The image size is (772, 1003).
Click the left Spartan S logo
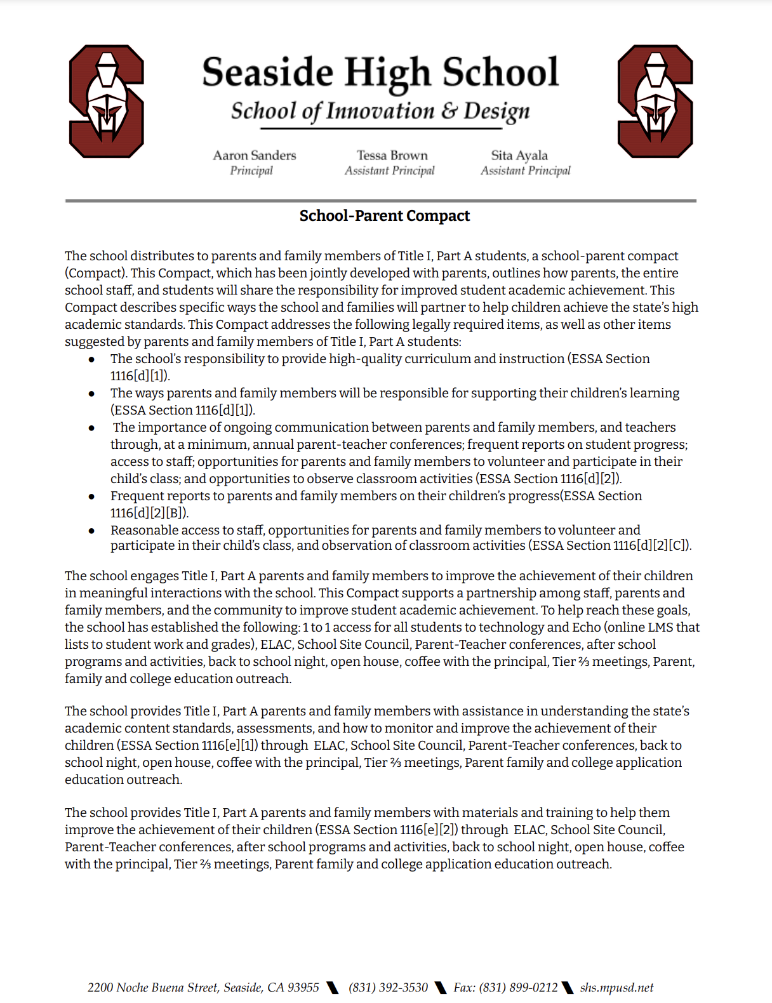pyautogui.click(x=106, y=102)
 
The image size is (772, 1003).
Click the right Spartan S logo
pyautogui.click(x=655, y=102)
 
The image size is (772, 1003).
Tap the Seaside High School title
pyautogui.click(x=380, y=72)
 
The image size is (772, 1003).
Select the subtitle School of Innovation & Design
pyautogui.click(x=380, y=111)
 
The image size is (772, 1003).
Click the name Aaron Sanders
pyautogui.click(x=255, y=156)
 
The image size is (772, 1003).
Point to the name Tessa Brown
pyautogui.click(x=392, y=156)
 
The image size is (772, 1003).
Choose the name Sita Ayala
pyautogui.click(x=519, y=156)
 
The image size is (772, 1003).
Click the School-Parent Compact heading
pyautogui.click(x=385, y=216)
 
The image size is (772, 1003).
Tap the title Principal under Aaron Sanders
pyautogui.click(x=251, y=171)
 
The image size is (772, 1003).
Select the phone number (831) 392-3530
pyautogui.click(x=388, y=988)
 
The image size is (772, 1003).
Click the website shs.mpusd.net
pyautogui.click(x=616, y=988)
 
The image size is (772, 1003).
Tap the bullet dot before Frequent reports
pyautogui.click(x=92, y=496)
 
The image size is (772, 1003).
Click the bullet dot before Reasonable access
pyautogui.click(x=92, y=531)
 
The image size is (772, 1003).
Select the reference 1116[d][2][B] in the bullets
pyautogui.click(x=149, y=513)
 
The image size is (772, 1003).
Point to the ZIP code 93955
pyautogui.click(x=303, y=988)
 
